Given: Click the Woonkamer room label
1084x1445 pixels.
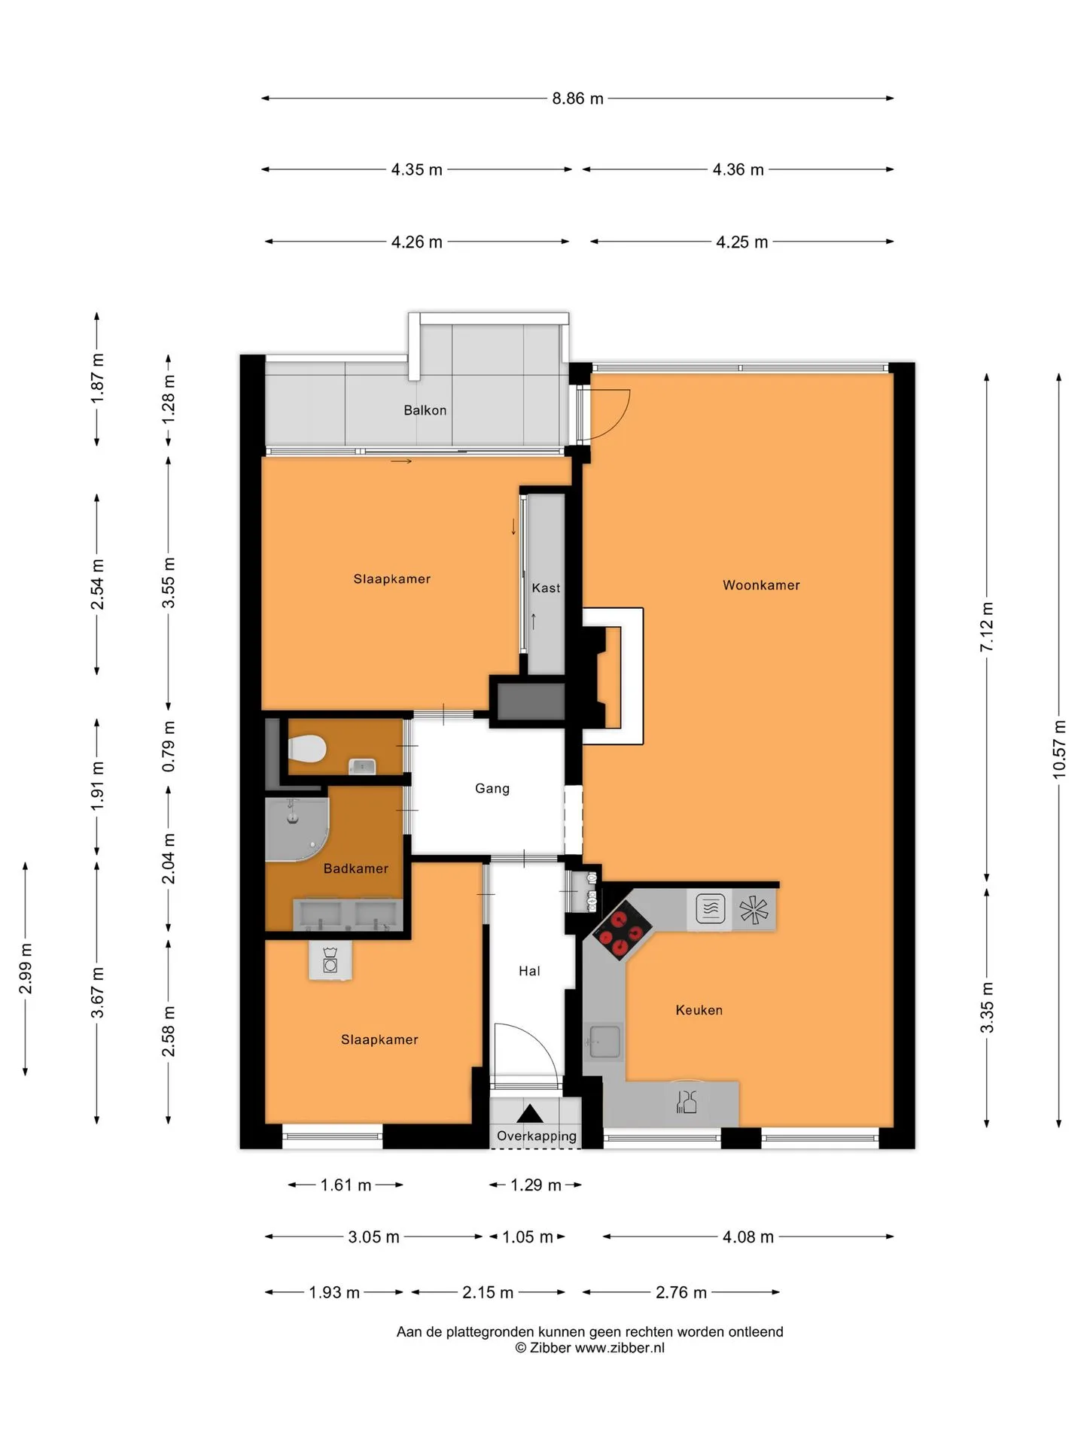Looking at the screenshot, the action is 761,585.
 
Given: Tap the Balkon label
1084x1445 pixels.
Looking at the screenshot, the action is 425,410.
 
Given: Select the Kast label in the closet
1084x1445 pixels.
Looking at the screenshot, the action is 546,588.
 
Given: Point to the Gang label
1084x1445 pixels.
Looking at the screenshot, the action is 492,789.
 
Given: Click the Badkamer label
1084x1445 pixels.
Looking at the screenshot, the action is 356,869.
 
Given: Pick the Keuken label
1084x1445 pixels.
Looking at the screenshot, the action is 699,1010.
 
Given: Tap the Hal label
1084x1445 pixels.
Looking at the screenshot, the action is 529,971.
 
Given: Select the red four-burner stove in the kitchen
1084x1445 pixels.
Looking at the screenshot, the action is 622,930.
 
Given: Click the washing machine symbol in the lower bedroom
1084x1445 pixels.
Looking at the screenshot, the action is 330,960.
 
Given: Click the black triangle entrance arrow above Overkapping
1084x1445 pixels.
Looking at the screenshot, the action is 530,1114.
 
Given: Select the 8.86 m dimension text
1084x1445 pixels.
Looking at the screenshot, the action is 577,99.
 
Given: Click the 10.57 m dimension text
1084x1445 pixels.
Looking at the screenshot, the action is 1059,749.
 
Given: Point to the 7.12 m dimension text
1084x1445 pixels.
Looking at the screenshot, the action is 987,627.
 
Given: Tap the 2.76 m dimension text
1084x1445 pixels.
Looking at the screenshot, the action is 681,1292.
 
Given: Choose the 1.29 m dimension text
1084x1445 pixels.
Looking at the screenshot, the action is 536,1185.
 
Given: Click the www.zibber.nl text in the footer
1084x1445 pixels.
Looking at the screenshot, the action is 620,1348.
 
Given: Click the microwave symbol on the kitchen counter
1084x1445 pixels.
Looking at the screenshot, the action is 710,908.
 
